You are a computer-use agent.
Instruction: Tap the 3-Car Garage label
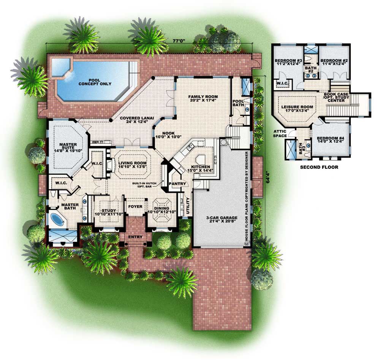coord(218,219)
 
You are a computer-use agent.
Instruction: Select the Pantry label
coord(178,184)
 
